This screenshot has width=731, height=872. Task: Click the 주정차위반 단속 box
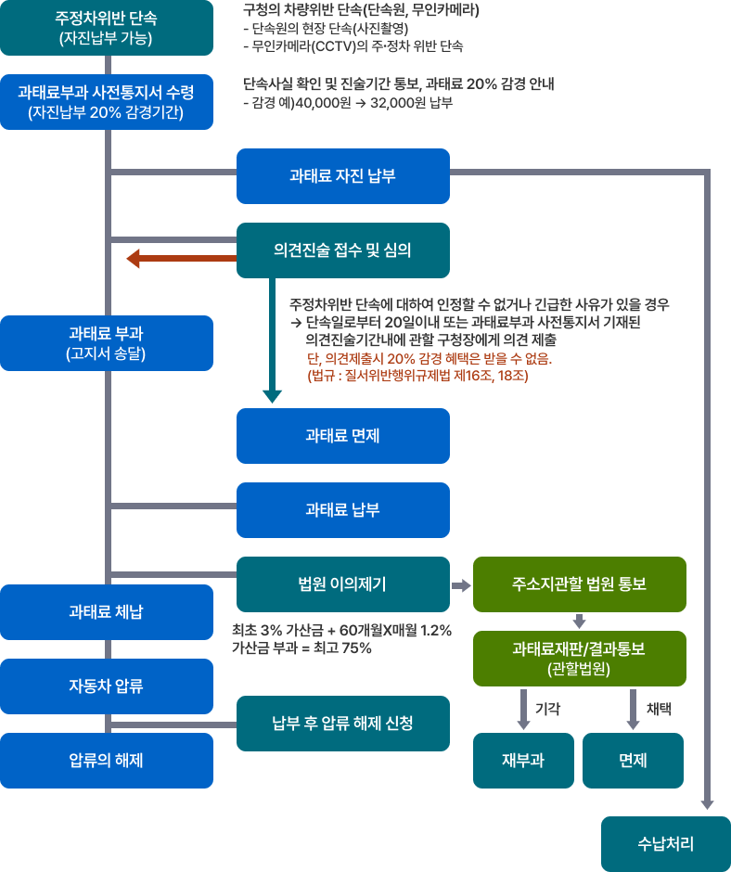[x=106, y=28]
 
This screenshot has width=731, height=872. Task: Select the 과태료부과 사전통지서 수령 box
[x=106, y=102]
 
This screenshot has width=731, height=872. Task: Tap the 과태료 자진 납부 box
[x=343, y=176]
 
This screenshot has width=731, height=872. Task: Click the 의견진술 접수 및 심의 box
[x=343, y=250]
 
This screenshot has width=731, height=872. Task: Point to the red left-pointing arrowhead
[x=135, y=258]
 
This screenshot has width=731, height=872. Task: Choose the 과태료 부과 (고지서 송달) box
[x=106, y=343]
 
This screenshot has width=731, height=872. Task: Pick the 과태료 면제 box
[x=343, y=436]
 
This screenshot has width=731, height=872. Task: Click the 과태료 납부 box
[x=343, y=510]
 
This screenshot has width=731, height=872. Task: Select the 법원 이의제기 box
[x=343, y=584]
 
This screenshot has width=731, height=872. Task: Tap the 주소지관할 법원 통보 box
[x=579, y=584]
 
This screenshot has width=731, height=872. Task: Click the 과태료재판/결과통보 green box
[x=579, y=659]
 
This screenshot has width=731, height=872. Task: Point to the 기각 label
[x=547, y=708]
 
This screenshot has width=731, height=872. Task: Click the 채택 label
[x=659, y=708]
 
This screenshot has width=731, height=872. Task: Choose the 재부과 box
[x=523, y=761]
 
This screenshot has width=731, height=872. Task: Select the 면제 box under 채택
[x=633, y=761]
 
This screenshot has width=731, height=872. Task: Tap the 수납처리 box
[x=666, y=844]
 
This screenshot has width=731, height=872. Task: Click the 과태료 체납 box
[x=106, y=612]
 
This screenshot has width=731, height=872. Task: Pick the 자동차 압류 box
[x=106, y=686]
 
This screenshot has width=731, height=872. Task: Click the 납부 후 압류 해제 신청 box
[x=343, y=724]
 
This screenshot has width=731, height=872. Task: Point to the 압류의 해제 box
[x=106, y=761]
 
